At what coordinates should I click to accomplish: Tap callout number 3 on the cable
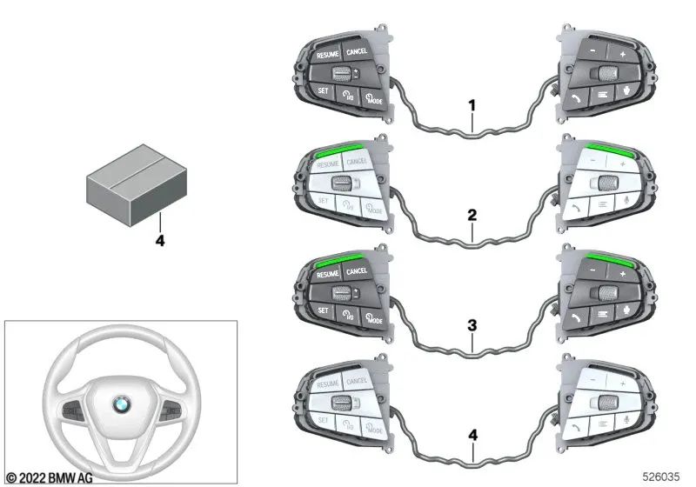(472, 326)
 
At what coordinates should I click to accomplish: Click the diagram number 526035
(663, 477)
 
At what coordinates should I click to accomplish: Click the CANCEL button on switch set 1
(357, 51)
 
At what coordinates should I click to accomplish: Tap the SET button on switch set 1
(322, 91)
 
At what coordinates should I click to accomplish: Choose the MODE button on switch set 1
(373, 97)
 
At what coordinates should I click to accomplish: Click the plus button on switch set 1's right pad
(622, 54)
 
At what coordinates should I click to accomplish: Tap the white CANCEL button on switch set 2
(357, 161)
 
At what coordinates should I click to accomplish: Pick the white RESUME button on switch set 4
(328, 384)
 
